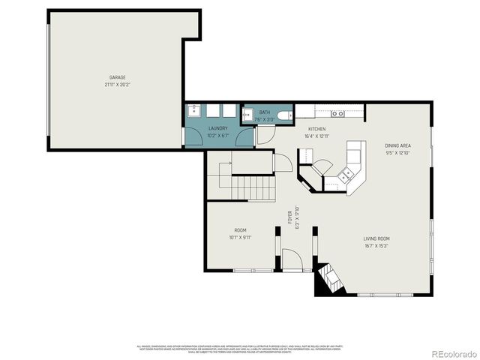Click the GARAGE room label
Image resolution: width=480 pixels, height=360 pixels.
(x=116, y=77)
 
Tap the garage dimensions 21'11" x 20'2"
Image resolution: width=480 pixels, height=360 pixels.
(x=116, y=85)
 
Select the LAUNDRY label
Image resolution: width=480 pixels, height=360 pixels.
(x=217, y=128)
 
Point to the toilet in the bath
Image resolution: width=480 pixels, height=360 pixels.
(x=282, y=115)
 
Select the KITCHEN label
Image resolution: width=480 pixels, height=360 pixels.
(x=316, y=128)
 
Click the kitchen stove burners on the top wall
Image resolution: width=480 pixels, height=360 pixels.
(x=340, y=114)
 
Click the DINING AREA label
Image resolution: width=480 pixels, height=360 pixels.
(x=397, y=145)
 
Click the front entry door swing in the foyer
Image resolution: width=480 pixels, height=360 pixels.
(x=294, y=262)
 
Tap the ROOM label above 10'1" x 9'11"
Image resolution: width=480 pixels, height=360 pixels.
(x=240, y=230)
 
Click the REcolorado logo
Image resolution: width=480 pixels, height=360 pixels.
(x=452, y=354)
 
